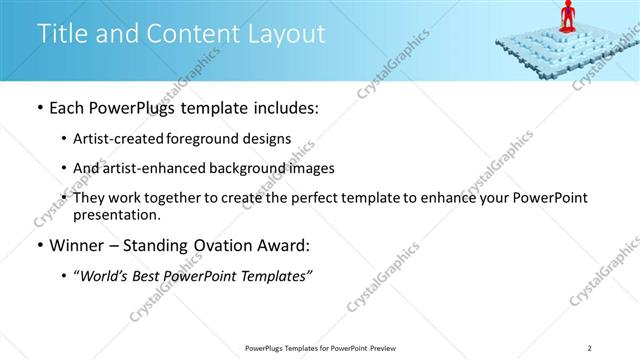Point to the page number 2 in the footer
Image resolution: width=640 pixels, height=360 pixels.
click(x=590, y=348)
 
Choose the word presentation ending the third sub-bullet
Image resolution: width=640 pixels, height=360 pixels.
click(x=116, y=214)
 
